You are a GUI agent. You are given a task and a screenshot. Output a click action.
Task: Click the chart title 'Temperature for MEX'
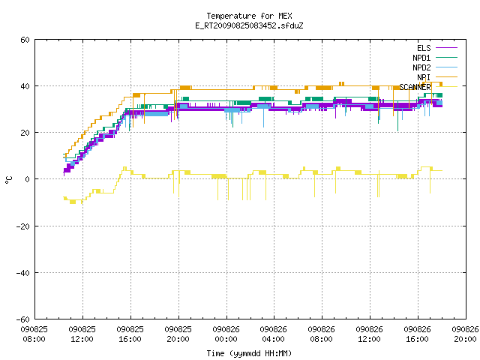249,16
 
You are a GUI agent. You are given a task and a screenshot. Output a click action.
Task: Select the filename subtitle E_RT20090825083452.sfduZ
249,25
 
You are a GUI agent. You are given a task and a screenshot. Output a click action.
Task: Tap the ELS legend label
424,48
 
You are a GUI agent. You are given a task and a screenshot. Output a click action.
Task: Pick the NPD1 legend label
421,58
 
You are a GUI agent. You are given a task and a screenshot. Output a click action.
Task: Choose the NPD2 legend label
421,67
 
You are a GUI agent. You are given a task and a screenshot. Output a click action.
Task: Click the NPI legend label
424,77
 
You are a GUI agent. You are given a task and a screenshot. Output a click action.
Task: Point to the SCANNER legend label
415,87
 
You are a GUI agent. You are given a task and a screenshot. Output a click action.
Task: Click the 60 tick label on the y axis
25,40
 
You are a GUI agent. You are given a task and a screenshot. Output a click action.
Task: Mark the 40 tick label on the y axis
25,86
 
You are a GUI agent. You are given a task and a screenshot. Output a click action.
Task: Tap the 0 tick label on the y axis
27,179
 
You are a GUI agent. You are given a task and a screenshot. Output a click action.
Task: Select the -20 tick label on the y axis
23,226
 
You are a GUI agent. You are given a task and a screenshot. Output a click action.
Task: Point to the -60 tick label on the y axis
23,319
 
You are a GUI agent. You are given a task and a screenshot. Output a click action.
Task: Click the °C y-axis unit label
8,180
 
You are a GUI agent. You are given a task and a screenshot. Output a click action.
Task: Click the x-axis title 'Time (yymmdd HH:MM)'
249,353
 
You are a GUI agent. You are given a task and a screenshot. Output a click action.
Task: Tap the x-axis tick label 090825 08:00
34,334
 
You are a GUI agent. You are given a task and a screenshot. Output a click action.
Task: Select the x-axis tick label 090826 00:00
226,334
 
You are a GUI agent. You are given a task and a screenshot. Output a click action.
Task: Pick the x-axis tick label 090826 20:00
465,334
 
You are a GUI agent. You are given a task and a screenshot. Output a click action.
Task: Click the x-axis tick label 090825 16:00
130,334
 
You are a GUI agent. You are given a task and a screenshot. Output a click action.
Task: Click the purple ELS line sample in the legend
446,48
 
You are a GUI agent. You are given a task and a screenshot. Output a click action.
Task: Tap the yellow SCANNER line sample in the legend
446,87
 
